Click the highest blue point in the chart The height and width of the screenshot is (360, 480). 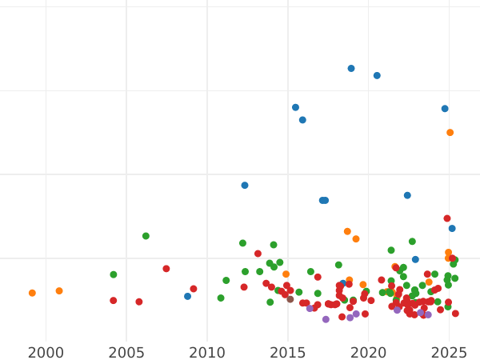point(351,69)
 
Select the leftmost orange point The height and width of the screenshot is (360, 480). point(32,294)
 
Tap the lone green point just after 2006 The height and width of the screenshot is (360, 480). point(146,236)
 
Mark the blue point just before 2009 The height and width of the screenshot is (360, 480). point(188,296)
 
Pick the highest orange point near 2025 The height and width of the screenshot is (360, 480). point(450,133)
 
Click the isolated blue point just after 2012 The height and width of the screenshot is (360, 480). point(245,186)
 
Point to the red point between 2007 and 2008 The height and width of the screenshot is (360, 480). point(166,269)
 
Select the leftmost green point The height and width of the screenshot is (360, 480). point(114,274)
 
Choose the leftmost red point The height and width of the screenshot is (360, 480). point(114,301)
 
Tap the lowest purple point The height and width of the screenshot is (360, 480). point(326,320)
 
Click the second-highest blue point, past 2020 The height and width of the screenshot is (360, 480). point(377,76)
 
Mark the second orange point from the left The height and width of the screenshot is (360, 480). point(59,291)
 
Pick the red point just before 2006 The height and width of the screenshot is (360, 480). point(139,302)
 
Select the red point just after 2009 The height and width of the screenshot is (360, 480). point(194,289)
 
